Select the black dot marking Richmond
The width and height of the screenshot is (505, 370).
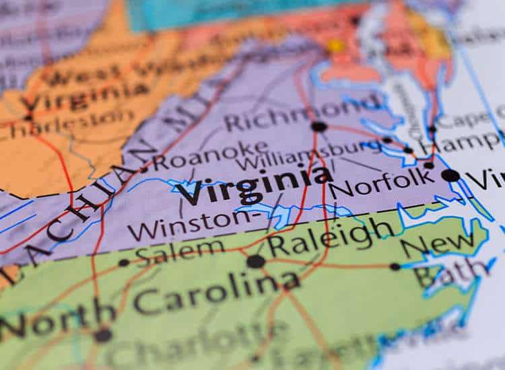point(318,126)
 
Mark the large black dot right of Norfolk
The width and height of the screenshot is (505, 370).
point(450,176)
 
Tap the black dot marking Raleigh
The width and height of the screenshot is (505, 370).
point(255,261)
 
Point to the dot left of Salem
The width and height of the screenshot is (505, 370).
point(124,262)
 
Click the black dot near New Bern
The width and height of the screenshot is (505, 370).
point(395,266)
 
